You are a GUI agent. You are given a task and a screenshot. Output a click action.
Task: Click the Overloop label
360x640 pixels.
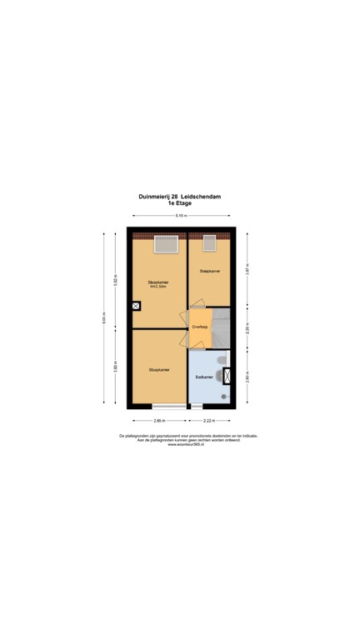[199, 327]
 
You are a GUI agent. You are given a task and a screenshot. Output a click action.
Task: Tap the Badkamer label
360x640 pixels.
[204, 377]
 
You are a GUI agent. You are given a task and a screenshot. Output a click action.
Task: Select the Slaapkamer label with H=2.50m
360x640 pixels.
[158, 284]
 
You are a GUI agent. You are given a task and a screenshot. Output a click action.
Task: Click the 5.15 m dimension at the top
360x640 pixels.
[180, 217]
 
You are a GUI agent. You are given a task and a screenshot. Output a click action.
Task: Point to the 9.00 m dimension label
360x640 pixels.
[105, 317]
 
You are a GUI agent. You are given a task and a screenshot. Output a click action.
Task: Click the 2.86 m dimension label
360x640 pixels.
[158, 420]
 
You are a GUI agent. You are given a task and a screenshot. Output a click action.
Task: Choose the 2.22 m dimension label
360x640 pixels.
[209, 420]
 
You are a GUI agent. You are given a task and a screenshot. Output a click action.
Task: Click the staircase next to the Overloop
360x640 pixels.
[220, 328]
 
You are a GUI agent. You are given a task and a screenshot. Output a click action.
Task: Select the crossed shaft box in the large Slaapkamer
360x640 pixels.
[136, 306]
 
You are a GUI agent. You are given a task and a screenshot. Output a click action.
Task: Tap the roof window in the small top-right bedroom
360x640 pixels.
[209, 243]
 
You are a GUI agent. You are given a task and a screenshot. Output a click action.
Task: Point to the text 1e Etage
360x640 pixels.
[180, 204]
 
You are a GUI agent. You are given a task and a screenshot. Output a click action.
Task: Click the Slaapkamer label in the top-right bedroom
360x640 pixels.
[209, 271]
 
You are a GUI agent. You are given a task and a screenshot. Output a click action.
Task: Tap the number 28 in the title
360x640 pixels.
[173, 197]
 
